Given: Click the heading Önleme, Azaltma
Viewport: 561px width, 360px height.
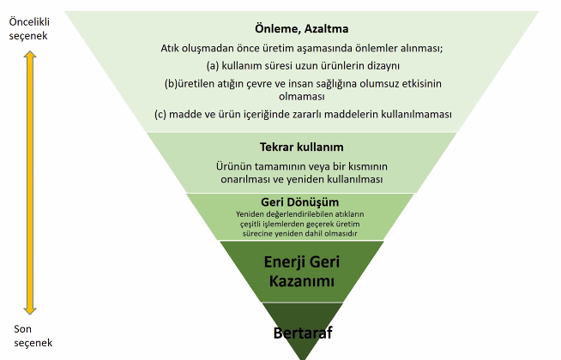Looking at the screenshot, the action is point(302,28).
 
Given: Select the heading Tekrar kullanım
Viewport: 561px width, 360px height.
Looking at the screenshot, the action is point(302,147).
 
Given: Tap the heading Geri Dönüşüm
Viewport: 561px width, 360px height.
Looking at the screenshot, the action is point(300,202).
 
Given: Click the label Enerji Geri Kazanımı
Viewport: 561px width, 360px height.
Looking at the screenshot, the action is point(302,272).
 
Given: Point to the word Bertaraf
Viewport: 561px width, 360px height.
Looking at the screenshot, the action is point(303,333).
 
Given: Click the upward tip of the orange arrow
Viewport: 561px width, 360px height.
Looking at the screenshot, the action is point(30,51).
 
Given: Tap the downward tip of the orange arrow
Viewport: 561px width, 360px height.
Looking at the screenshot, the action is point(30,315).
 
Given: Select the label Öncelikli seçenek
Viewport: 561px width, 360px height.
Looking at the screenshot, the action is point(29,29).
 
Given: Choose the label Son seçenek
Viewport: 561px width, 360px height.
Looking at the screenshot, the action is point(33,336).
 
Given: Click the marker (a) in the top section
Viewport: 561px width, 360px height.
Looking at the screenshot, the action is point(213,66).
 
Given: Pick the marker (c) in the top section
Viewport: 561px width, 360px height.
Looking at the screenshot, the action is point(160,114).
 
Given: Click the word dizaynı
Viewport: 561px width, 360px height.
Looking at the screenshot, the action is point(383,66).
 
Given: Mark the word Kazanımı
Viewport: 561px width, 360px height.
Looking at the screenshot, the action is point(302,281).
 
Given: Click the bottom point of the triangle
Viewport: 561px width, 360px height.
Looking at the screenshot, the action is point(303,359).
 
